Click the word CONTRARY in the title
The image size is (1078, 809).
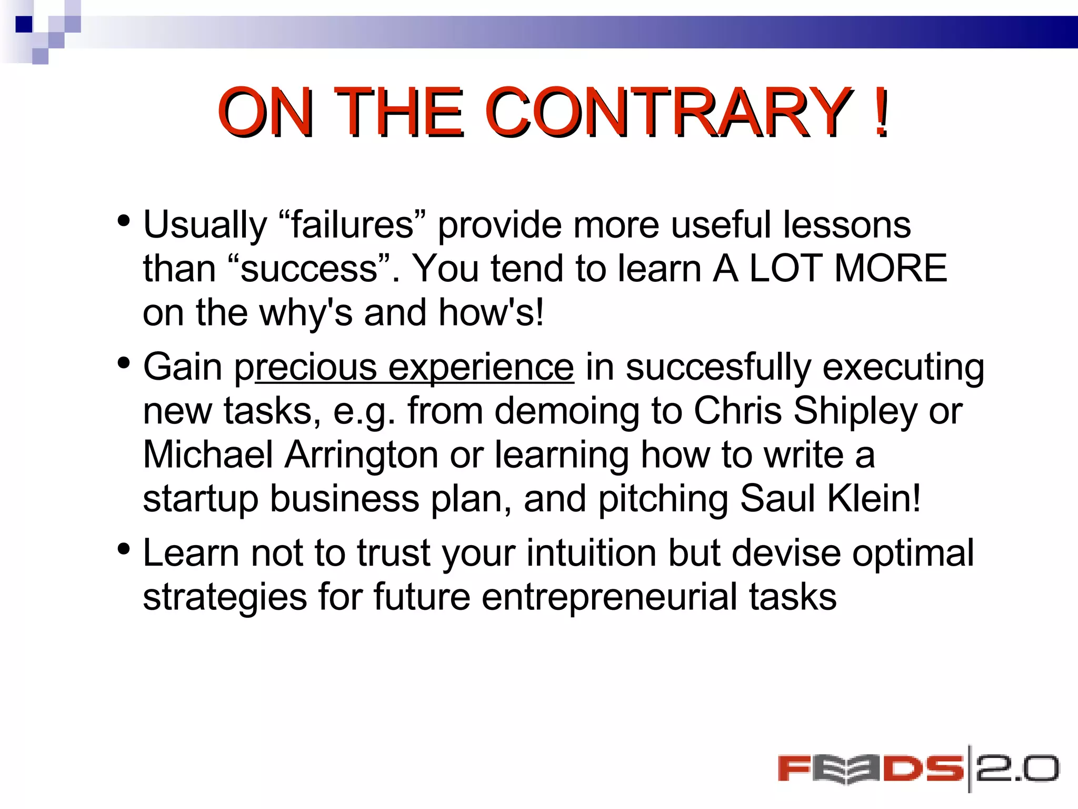[668, 112]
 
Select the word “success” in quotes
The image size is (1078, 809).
[310, 269]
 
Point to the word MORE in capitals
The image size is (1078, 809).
[891, 269]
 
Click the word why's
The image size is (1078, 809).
[306, 312]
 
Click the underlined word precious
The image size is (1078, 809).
[306, 367]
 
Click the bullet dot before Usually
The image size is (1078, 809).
[124, 221]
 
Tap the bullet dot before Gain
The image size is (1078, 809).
[124, 363]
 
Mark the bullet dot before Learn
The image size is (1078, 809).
[124, 550]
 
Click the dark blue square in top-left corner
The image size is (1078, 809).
[24, 24]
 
